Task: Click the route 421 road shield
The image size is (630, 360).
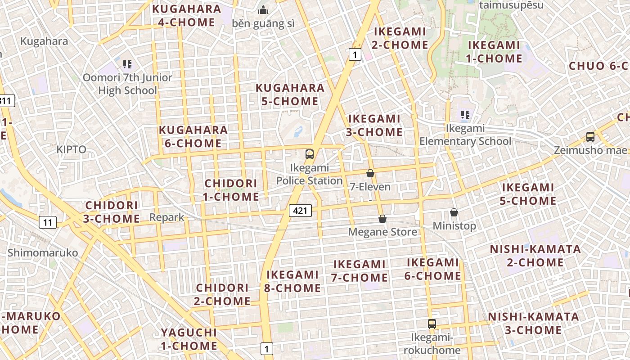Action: (x=300, y=210)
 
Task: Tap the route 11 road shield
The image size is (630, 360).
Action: (x=48, y=222)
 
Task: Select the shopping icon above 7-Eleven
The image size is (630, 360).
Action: (x=370, y=173)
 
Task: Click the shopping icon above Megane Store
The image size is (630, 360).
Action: (x=382, y=219)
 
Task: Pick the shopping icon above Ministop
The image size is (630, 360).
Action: (x=454, y=212)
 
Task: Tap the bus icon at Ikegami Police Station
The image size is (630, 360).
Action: (x=310, y=154)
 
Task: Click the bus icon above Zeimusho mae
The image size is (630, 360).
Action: (x=590, y=137)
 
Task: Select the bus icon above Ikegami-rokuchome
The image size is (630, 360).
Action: (x=432, y=324)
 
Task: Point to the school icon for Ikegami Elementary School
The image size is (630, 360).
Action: (x=465, y=115)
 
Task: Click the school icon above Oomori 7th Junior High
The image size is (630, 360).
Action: (x=127, y=64)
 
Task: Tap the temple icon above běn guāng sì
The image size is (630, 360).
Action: (x=263, y=10)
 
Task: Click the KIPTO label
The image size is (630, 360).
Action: (x=72, y=149)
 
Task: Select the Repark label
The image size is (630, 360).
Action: (x=167, y=217)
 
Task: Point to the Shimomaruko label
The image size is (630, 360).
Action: (x=43, y=252)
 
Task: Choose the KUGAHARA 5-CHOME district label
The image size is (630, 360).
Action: (x=290, y=94)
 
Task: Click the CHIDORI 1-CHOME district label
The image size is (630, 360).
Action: (x=231, y=190)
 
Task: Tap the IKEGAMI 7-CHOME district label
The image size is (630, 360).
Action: (x=359, y=271)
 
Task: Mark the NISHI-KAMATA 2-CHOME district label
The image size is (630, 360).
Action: (x=535, y=256)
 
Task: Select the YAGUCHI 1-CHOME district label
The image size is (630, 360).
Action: (x=189, y=339)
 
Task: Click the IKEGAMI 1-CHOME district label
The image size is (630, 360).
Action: (x=494, y=52)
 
